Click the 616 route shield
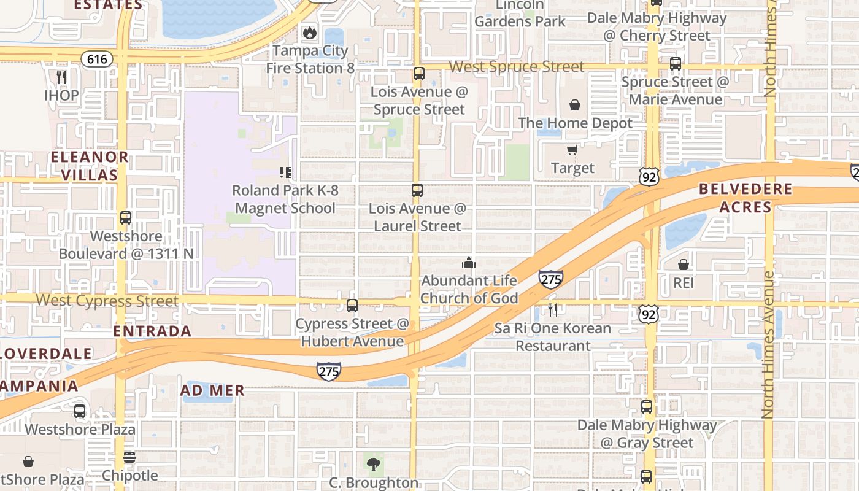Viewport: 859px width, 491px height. pos(97,60)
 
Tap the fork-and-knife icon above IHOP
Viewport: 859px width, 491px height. pos(61,77)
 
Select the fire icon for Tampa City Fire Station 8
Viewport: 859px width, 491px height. pos(310,33)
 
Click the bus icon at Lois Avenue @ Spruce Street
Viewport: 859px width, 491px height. pos(419,74)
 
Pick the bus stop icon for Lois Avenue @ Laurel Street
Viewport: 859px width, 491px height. pos(417,190)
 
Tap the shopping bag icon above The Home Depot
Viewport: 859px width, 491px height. pos(575,105)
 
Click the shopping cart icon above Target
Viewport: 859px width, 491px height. pos(572,150)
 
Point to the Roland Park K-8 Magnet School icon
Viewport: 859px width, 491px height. pos(285,172)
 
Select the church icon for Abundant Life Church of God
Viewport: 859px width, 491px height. pos(469,263)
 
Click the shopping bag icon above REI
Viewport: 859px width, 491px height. pos(684,265)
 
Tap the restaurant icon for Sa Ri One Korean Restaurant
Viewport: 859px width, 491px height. pos(553,310)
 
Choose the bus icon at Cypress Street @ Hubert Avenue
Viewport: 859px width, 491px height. pos(352,305)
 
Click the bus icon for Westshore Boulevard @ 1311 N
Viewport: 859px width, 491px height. pos(126,218)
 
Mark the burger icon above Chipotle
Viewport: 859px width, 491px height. pos(129,457)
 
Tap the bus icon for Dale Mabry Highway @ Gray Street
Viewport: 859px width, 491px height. pos(647,406)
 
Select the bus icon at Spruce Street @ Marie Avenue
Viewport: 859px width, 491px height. pos(676,63)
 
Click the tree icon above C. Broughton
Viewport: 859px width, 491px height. pos(373,465)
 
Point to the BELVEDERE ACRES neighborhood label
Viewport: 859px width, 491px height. pos(745,198)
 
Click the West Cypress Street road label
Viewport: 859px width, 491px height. pos(107,301)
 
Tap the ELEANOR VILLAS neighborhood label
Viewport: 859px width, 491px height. pos(90,166)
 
